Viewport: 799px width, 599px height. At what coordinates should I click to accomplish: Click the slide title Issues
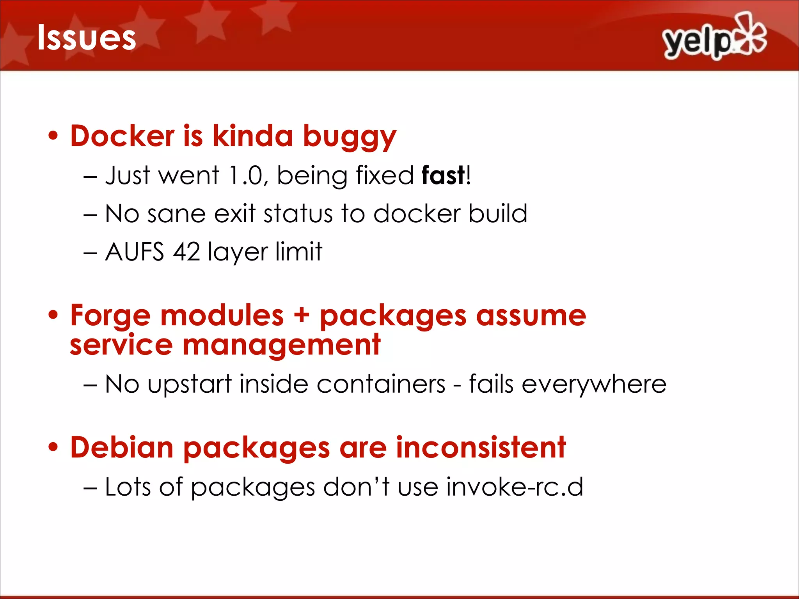coord(86,38)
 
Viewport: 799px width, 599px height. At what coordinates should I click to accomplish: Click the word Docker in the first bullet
coord(122,136)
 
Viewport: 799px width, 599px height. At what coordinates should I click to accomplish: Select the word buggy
coord(350,137)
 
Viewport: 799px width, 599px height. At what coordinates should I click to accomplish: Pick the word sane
coord(176,214)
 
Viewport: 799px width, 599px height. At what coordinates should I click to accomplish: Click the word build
coord(498,213)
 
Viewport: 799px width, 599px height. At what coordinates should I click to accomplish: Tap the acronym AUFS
coord(135,252)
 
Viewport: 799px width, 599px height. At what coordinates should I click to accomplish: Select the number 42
coord(186,252)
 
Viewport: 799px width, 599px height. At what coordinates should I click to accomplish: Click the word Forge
coord(110,316)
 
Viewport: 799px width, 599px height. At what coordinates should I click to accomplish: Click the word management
coord(281,346)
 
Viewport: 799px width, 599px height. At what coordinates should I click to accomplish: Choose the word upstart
coord(190,385)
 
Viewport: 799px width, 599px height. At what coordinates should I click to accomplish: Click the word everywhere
coord(594,385)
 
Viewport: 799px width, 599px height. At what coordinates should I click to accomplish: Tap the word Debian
coord(122,447)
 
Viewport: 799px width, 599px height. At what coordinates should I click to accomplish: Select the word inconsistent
coord(481,447)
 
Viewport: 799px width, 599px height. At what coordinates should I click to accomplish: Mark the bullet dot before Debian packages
coord(53,447)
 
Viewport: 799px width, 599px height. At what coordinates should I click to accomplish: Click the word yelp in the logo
coord(697,42)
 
